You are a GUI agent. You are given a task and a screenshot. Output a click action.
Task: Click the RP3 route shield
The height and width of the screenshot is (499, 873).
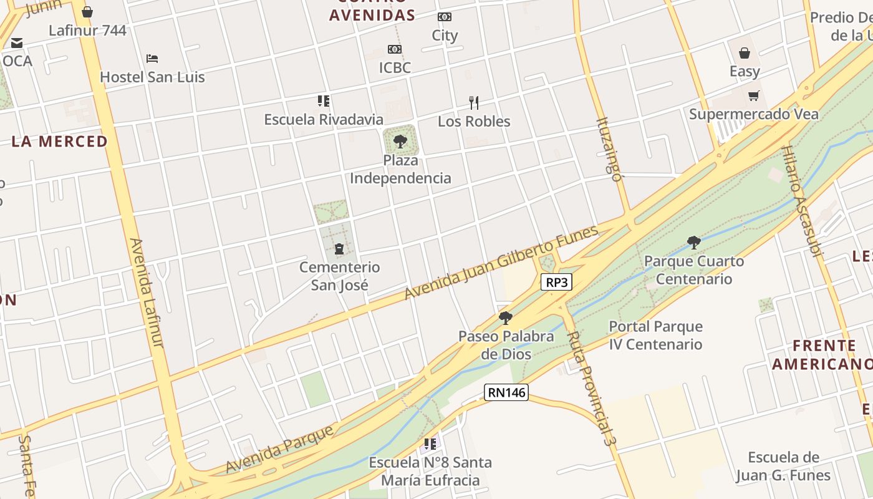pyautogui.click(x=557, y=282)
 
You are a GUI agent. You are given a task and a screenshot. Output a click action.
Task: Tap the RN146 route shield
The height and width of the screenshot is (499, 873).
pyautogui.click(x=506, y=392)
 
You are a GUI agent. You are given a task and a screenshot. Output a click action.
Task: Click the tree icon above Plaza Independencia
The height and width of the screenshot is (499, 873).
pyautogui.click(x=400, y=141)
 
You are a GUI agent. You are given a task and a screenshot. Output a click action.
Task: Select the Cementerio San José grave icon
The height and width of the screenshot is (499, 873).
pyautogui.click(x=339, y=249)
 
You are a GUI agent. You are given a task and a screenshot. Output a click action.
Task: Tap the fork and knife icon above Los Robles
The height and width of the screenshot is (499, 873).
pyautogui.click(x=474, y=102)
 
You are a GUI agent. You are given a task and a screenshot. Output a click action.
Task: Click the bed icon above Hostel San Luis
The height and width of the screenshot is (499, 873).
pyautogui.click(x=152, y=59)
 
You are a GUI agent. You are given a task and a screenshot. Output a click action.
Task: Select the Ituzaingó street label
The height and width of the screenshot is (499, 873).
pyautogui.click(x=609, y=148)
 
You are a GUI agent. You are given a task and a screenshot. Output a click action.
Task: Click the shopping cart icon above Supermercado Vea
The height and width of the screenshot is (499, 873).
pyautogui.click(x=754, y=95)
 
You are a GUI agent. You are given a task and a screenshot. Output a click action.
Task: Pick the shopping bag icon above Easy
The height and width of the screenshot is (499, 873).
pyautogui.click(x=745, y=53)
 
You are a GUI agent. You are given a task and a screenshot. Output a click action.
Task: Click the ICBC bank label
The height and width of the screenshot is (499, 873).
pyautogui.click(x=395, y=67)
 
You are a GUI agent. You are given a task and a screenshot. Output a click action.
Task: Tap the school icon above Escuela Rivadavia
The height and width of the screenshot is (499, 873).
pyautogui.click(x=323, y=100)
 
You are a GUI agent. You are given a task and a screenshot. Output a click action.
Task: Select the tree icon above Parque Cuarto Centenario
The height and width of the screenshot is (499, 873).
pyautogui.click(x=693, y=242)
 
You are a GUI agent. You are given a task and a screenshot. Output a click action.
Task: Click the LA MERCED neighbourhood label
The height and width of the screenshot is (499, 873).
pyautogui.click(x=59, y=141)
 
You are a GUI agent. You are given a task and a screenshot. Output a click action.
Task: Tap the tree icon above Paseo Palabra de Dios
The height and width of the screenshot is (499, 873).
pyautogui.click(x=506, y=318)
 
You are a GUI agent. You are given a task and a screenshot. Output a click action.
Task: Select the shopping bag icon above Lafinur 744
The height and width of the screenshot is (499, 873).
pyautogui.click(x=87, y=12)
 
